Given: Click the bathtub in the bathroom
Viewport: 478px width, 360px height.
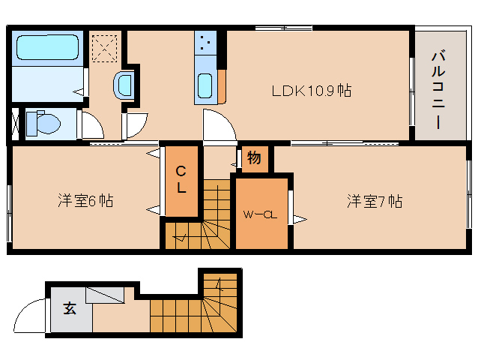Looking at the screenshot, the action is [47, 47].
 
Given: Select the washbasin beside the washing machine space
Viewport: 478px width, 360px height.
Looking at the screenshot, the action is [124, 85].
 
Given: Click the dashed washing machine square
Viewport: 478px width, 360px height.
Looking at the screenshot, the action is [105, 49].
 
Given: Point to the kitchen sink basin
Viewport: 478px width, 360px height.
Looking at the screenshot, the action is [205, 85].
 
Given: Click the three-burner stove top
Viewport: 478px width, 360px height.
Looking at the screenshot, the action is [205, 43].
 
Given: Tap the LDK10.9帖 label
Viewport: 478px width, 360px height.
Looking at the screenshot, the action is [311, 91].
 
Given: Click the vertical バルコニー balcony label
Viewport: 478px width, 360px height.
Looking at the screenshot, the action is [438, 91].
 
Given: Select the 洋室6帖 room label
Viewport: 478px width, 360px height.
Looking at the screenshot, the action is [85, 201].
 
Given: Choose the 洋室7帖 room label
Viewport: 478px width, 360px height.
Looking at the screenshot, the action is [375, 201].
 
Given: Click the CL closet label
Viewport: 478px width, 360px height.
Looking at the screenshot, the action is [181, 179].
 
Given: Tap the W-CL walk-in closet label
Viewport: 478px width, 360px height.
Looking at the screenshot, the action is [260, 214].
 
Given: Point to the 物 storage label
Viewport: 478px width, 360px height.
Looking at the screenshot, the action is [254, 157].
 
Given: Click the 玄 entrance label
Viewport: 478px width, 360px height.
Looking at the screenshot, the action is [70, 308].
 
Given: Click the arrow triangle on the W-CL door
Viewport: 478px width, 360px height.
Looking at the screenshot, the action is [300, 219].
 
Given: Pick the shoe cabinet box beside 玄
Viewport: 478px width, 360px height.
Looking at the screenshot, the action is [105, 295].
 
